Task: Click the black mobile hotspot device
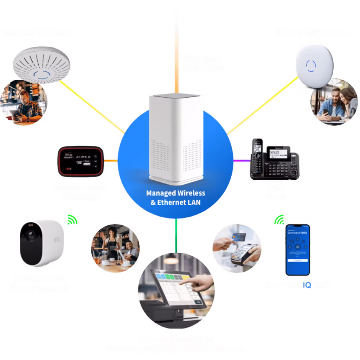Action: pos(81,161)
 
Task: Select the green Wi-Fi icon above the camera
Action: pos(73,220)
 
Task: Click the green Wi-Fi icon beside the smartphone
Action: pos(279,220)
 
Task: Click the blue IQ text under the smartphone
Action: pos(306,285)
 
